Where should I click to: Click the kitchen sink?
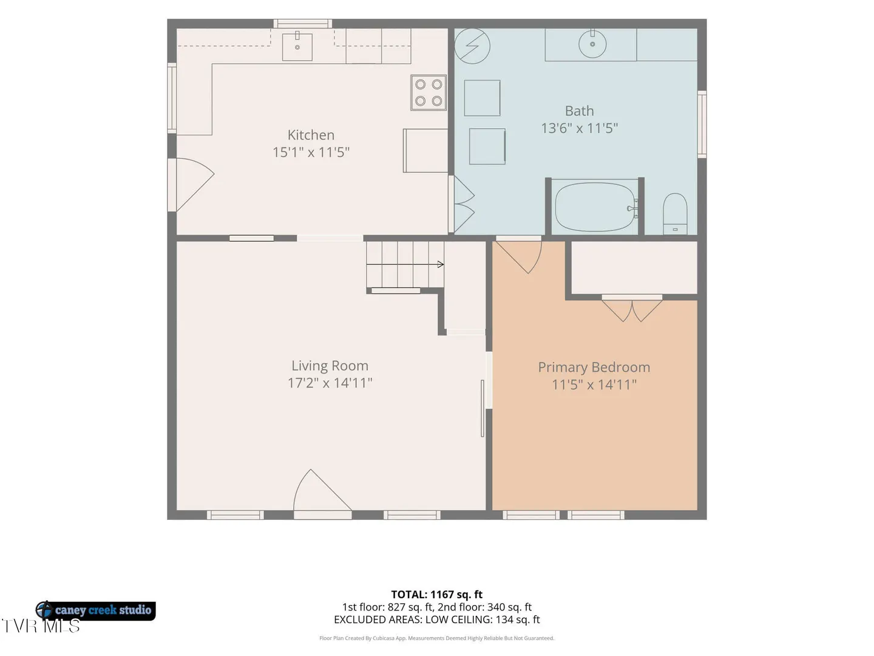click(297, 47)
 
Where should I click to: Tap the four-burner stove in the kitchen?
click(429, 92)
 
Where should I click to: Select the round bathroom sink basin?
click(592, 44)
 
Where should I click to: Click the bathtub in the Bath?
click(595, 207)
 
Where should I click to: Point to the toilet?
click(675, 214)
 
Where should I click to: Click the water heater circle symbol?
click(472, 46)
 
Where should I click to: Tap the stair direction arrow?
click(405, 264)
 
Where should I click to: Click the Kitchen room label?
click(311, 135)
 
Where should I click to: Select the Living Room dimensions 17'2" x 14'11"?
click(330, 383)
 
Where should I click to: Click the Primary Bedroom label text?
click(594, 367)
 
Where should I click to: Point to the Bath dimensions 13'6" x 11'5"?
click(580, 128)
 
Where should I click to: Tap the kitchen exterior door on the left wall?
click(191, 185)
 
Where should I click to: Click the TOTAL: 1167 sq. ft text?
click(437, 595)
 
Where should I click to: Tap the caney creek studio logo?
click(95, 610)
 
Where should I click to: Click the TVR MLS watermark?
click(41, 626)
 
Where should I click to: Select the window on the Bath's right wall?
click(702, 125)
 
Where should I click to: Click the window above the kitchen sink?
click(303, 24)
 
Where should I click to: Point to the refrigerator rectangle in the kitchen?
click(425, 151)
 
